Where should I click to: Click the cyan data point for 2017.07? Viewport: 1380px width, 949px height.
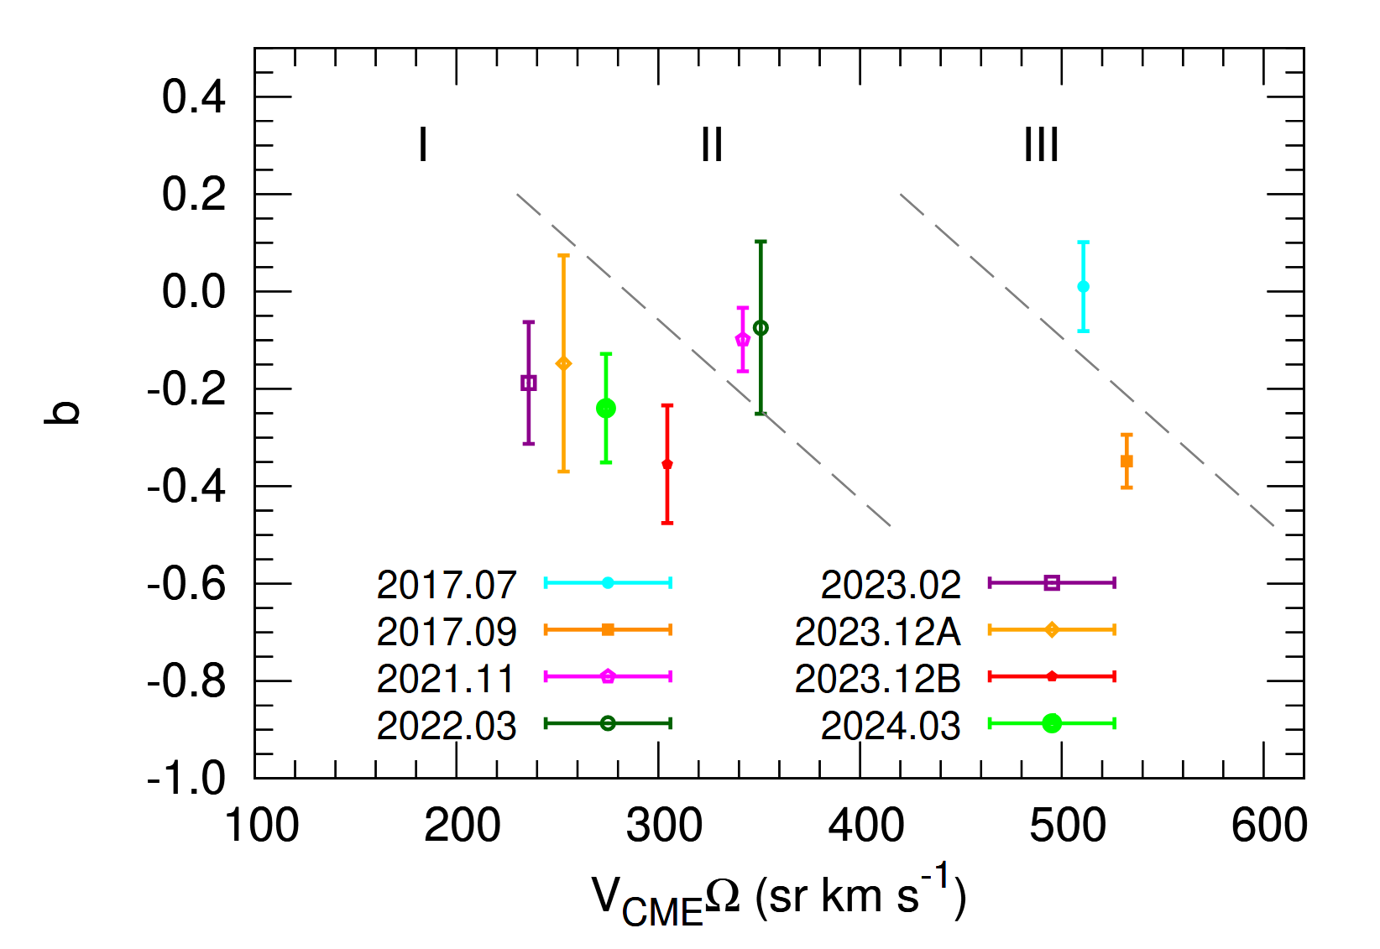pyautogui.click(x=1083, y=287)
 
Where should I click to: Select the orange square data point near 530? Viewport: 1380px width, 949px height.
pyautogui.click(x=1126, y=461)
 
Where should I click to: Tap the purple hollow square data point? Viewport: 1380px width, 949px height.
pyautogui.click(x=529, y=383)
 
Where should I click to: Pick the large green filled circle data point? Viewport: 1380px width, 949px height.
pyautogui.click(x=606, y=409)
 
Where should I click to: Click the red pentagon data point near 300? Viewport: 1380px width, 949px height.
pyautogui.click(x=667, y=464)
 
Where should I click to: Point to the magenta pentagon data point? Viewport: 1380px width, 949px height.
pyautogui.click(x=743, y=340)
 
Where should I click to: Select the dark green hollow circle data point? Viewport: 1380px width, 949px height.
pyautogui.click(x=761, y=328)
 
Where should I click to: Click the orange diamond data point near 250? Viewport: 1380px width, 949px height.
pyautogui.click(x=564, y=363)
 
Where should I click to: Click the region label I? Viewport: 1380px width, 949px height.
pyautogui.click(x=423, y=145)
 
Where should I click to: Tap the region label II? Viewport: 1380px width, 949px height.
pyautogui.click(x=712, y=145)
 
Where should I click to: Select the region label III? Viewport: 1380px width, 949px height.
pyautogui.click(x=1041, y=145)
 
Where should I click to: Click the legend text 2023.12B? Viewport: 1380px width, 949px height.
pyautogui.click(x=877, y=679)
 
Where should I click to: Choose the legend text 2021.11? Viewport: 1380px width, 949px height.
pyautogui.click(x=446, y=679)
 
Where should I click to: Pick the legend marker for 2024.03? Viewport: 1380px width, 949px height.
pyautogui.click(x=1052, y=723)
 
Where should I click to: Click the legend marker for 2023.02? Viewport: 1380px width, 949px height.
pyautogui.click(x=1052, y=583)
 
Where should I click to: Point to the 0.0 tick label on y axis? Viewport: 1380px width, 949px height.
pyautogui.click(x=194, y=293)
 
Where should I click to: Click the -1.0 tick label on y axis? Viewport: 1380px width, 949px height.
pyautogui.click(x=186, y=779)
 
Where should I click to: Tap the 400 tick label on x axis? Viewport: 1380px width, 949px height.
pyautogui.click(x=865, y=826)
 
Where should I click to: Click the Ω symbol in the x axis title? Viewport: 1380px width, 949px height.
pyautogui.click(x=723, y=897)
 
